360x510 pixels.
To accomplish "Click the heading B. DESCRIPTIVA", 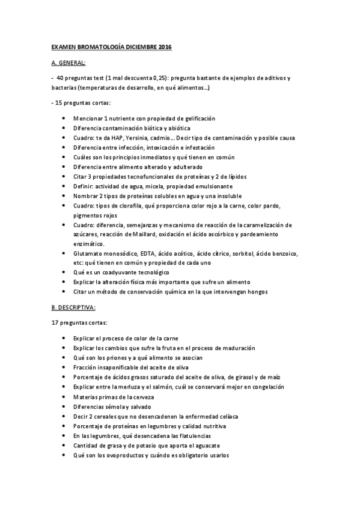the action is click(x=73, y=307).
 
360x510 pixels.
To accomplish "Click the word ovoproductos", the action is click(x=118, y=455).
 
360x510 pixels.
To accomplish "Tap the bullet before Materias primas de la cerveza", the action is click(x=64, y=396).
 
